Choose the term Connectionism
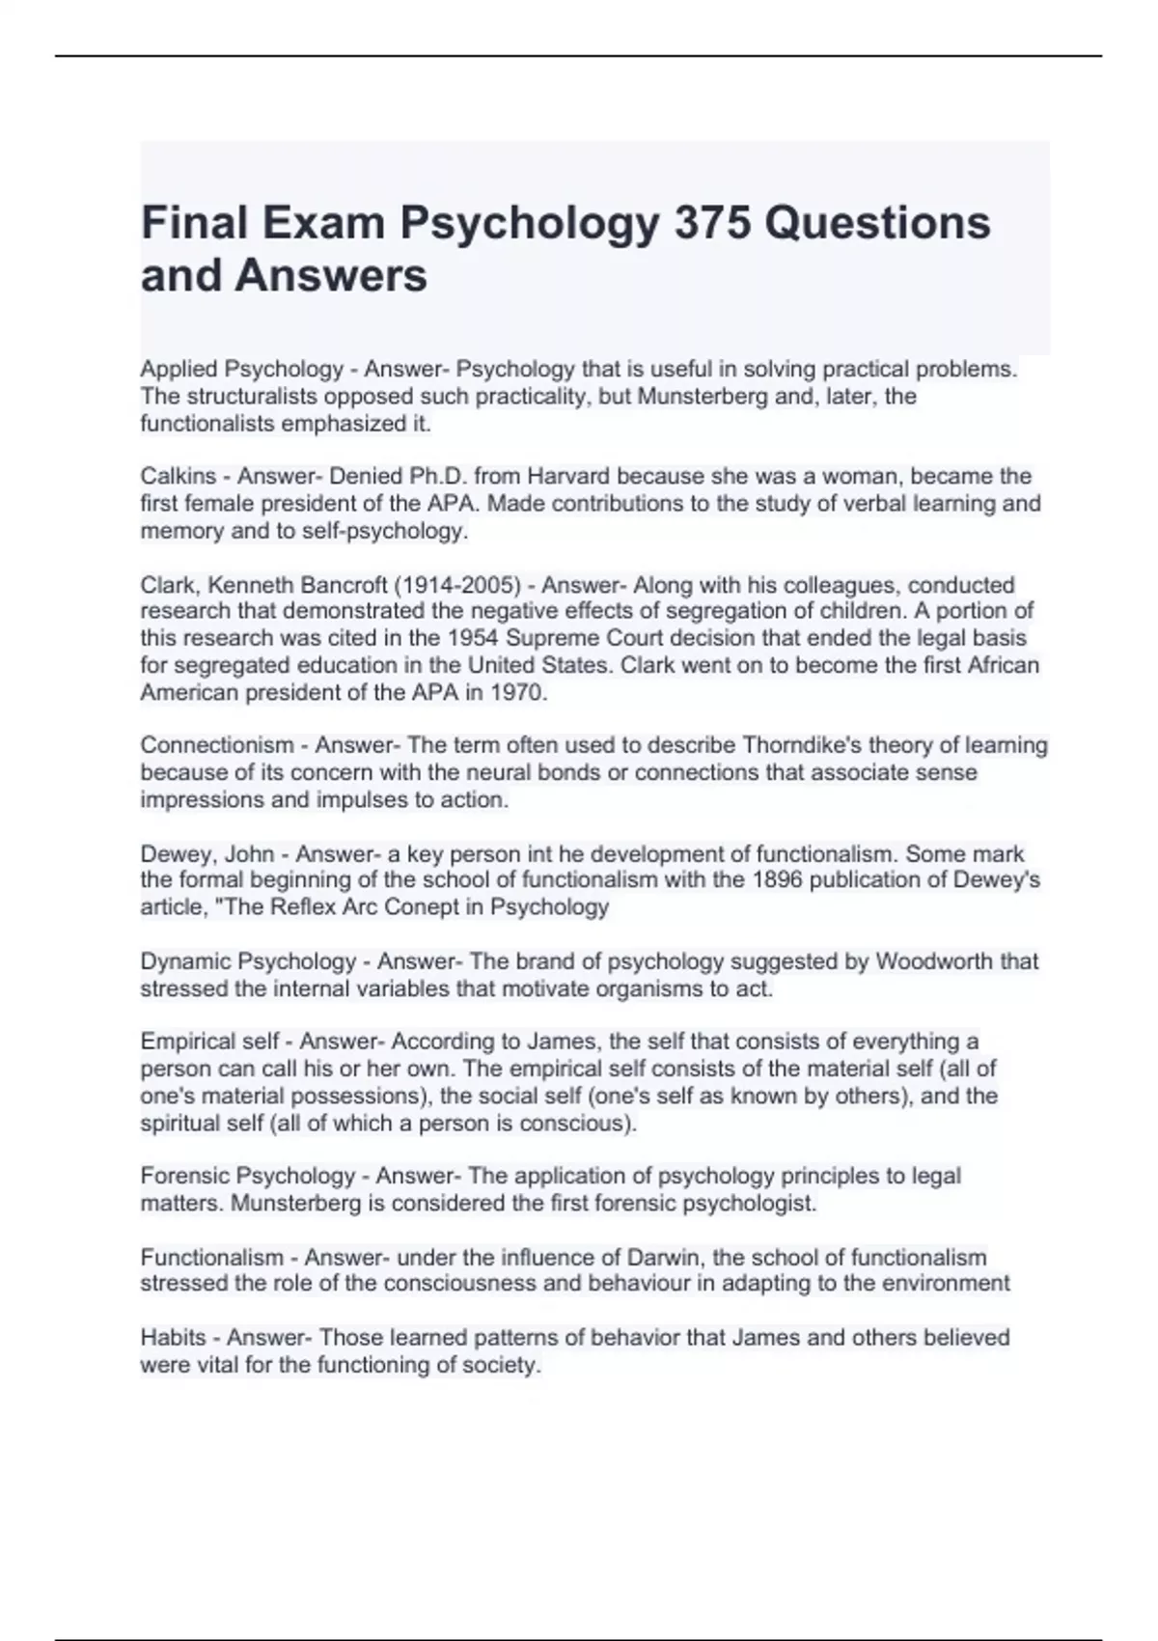[217, 745]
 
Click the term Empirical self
[209, 1042]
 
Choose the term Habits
[174, 1338]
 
